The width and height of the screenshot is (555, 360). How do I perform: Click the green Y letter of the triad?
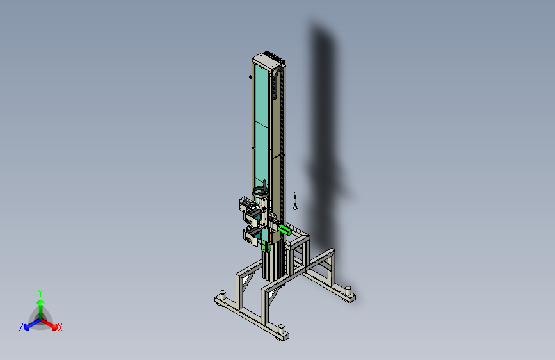pyautogui.click(x=40, y=293)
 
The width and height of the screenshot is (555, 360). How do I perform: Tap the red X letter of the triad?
pyautogui.click(x=60, y=327)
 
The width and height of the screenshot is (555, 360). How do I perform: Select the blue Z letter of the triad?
pyautogui.click(x=21, y=327)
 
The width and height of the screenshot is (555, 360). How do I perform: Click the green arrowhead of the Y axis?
pyautogui.click(x=41, y=302)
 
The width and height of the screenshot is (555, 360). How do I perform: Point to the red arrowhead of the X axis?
pyautogui.click(x=54, y=327)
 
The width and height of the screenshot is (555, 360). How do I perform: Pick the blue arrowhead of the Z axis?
pyautogui.click(x=27, y=327)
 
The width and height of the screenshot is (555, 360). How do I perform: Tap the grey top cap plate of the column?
pyautogui.click(x=268, y=59)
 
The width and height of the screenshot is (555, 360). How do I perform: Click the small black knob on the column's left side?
pyautogui.click(x=250, y=77)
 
